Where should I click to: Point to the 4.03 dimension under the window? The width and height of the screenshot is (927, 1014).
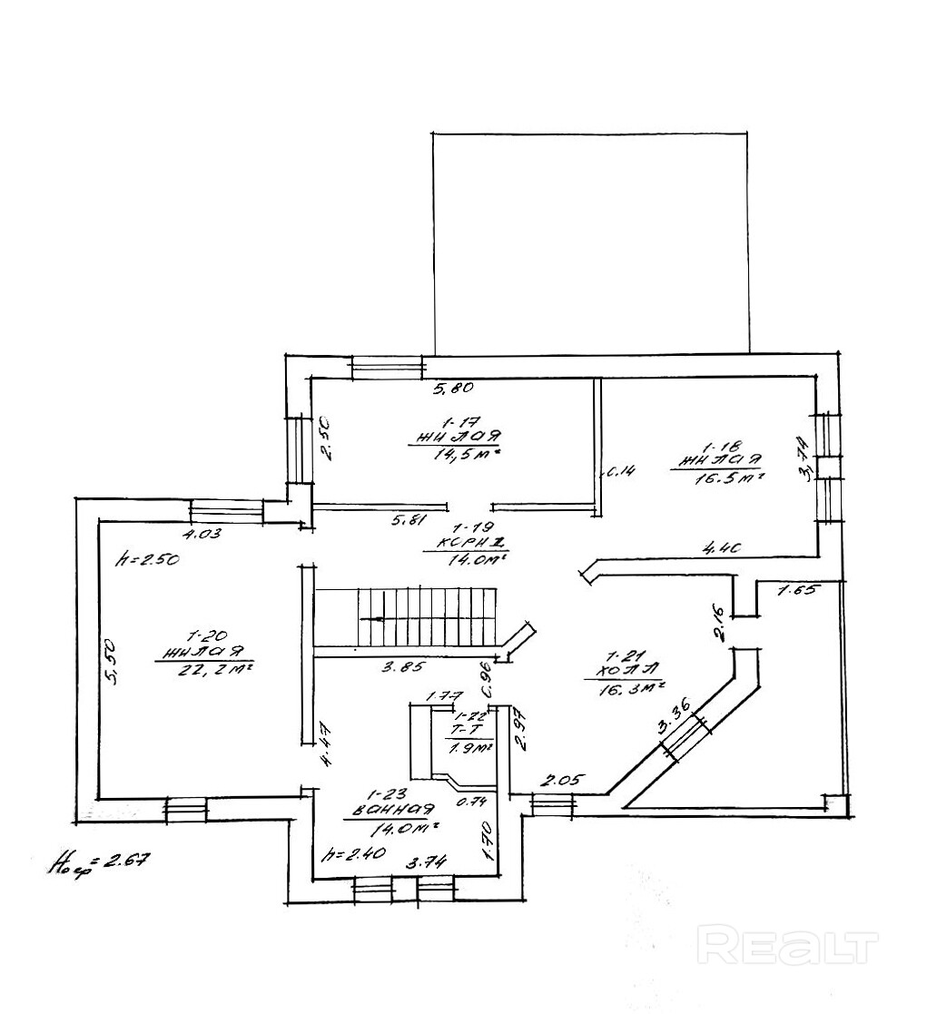pyautogui.click(x=203, y=533)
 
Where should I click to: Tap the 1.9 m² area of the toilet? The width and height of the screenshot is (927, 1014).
pyautogui.click(x=469, y=748)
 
